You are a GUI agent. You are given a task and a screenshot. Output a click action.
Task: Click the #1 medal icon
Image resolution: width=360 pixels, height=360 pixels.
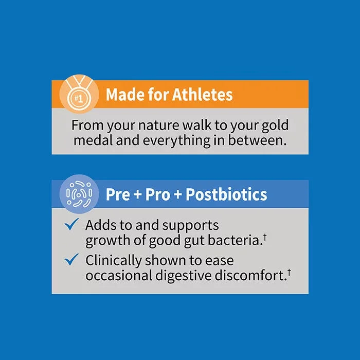79,94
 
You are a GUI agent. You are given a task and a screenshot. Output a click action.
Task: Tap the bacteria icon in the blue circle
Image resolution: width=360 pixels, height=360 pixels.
79,194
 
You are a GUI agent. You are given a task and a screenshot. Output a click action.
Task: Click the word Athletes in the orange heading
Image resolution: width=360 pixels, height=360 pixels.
202,94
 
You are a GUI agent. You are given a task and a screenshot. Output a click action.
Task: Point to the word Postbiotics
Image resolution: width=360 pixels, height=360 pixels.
226,194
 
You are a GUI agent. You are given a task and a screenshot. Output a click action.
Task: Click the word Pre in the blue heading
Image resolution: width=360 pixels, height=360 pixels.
118,194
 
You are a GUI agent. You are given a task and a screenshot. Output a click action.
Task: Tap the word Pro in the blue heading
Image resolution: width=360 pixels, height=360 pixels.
158,194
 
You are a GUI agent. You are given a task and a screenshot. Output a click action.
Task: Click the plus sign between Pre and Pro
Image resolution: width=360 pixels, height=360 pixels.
137,195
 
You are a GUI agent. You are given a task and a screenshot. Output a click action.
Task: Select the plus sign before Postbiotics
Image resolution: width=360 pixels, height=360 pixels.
178,195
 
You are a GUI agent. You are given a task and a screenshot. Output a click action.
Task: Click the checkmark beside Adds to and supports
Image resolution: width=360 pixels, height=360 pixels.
71,224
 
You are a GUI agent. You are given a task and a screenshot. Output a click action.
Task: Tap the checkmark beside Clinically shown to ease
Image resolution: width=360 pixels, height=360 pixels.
71,259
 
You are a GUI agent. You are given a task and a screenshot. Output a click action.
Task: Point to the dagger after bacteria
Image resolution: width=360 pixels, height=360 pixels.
265,237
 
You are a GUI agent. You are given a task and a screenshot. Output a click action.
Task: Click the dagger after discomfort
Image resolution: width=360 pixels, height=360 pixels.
289,272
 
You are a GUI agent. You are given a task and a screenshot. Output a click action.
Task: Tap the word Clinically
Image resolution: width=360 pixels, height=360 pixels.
114,261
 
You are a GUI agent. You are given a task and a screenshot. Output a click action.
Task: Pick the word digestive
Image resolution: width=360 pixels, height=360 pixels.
184,276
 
